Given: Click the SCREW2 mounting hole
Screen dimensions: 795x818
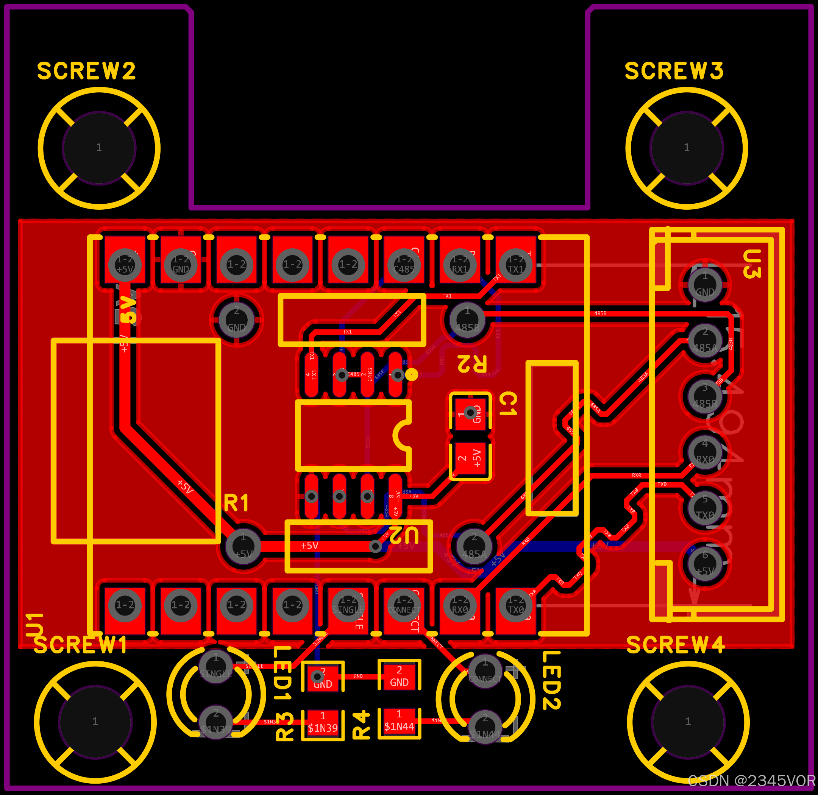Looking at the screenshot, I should tap(99, 148).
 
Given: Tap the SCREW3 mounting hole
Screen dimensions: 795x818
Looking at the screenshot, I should tap(687, 148).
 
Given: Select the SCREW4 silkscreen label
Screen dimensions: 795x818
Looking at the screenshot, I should tap(675, 645).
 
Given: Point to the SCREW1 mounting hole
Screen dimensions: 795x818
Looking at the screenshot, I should tap(95, 722).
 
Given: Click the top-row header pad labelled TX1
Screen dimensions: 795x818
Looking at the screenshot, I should tap(515, 264).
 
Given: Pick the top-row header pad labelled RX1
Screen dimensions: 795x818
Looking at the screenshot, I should tap(459, 264).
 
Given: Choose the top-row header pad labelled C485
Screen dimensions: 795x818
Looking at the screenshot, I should tap(404, 264).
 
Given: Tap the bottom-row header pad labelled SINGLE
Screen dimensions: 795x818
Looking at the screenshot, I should tap(348, 605).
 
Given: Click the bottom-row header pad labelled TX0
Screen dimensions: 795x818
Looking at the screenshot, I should tap(515, 605).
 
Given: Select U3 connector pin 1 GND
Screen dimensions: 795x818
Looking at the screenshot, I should tap(705, 285).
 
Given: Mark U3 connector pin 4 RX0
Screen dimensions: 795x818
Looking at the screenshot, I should tap(705, 453).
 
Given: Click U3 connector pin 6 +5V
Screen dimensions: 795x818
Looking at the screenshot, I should tap(705, 564).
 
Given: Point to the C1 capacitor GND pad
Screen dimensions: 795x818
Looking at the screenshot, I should tap(470, 413).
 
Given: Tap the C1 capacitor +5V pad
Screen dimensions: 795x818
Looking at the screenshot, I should tap(470, 458).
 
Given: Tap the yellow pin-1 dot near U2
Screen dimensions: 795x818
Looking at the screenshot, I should tap(412, 374).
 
